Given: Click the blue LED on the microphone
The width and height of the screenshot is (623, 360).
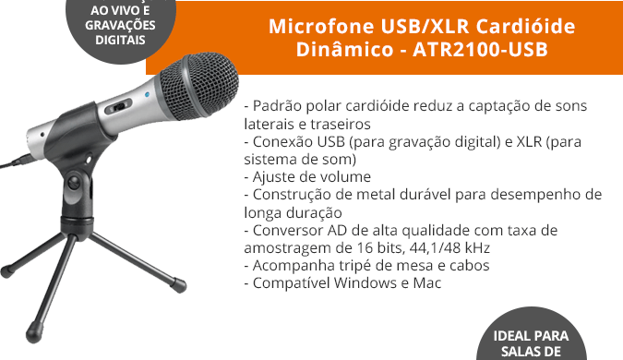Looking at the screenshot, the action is tap(148, 95).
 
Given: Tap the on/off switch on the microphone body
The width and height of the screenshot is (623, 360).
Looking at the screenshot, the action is tap(119, 106).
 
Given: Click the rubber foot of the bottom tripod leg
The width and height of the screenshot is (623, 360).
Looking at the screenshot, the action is tap(33, 335).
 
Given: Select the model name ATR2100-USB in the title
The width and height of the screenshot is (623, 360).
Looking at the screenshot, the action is tap(480, 50).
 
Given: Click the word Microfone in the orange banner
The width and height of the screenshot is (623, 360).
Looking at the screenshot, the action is tap(321, 26).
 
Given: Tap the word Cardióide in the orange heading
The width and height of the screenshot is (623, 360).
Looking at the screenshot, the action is tap(525, 26).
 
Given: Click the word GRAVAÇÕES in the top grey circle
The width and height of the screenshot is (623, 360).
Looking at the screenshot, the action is tap(120, 25).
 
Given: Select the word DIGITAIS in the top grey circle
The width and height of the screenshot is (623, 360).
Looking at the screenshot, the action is tap(120, 40).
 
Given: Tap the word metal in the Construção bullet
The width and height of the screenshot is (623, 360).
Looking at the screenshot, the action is tap(374, 195).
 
